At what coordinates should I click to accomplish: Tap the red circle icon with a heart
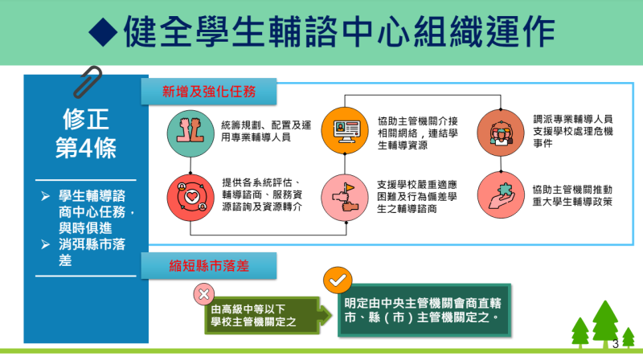click(x=187, y=194)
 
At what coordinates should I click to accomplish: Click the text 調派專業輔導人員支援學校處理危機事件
click(x=573, y=131)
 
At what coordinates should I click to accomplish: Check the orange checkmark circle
click(x=337, y=280)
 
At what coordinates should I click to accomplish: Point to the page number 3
click(x=616, y=343)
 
